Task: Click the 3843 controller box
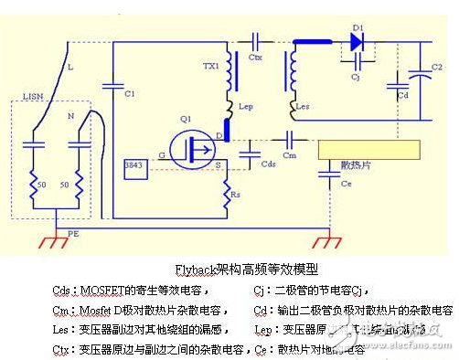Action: pyautogui.click(x=133, y=167)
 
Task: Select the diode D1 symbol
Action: pyautogui.click(x=357, y=40)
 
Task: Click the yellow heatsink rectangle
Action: pyautogui.click(x=369, y=149)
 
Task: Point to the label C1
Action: pyautogui.click(x=129, y=94)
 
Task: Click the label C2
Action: pyautogui.click(x=437, y=68)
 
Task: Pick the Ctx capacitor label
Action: pyautogui.click(x=256, y=57)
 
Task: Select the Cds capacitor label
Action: pyautogui.click(x=268, y=165)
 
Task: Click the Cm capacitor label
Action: pyautogui.click(x=289, y=156)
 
